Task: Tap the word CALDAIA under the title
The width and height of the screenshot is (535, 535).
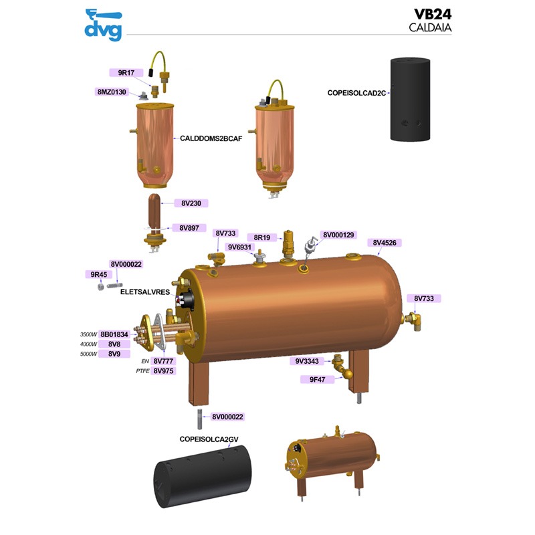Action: [431, 28]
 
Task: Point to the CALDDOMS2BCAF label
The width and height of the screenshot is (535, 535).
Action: [211, 138]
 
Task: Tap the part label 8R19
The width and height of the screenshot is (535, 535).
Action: [261, 237]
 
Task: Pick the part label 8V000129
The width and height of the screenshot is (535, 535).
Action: [338, 235]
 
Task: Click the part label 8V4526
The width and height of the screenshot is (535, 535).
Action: [387, 243]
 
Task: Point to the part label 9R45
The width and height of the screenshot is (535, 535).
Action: [98, 274]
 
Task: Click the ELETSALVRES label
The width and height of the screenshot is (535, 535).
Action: [144, 292]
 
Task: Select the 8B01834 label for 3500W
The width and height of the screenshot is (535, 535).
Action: [115, 334]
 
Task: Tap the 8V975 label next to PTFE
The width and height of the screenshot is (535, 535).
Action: [164, 370]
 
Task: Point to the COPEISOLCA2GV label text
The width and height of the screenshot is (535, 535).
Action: [209, 439]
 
